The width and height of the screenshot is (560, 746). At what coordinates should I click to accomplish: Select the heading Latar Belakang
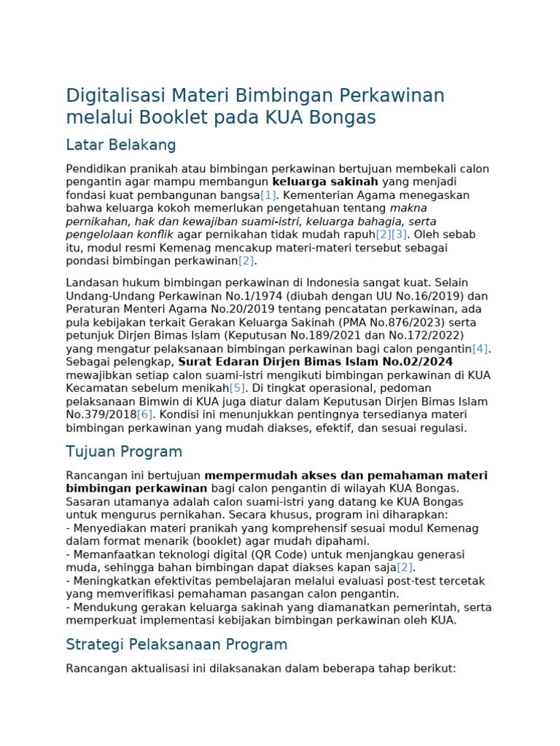coord(121,145)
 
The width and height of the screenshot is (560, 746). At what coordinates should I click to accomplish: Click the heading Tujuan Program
coord(124,452)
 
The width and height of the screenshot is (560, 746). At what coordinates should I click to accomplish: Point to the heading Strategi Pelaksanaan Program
coord(176,645)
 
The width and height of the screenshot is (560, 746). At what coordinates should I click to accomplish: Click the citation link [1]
coord(268,195)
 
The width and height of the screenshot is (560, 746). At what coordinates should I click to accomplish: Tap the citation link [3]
coord(399,235)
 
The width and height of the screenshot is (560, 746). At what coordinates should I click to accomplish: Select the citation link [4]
coord(480,349)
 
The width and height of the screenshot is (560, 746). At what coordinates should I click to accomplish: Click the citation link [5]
coord(237,388)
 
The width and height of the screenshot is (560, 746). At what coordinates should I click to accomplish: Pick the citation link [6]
coord(145,415)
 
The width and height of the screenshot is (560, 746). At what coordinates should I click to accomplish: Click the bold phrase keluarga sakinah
coord(325,182)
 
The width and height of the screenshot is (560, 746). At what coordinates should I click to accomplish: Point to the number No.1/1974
coord(272,297)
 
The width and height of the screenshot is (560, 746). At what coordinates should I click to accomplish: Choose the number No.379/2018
coord(101,415)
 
